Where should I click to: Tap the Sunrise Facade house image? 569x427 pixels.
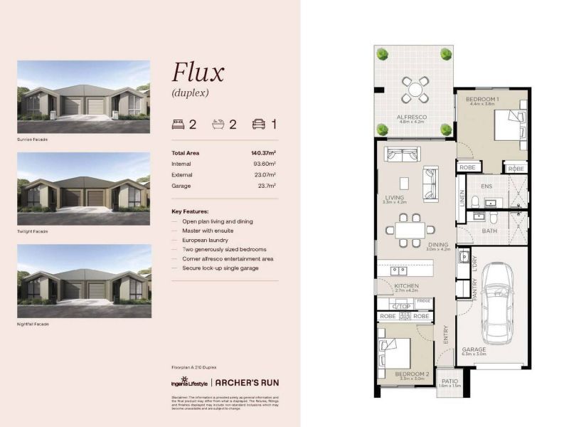point(84,97)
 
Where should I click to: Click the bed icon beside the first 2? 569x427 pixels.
point(178,125)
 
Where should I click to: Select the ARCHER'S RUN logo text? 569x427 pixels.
point(244,383)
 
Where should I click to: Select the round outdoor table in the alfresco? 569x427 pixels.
point(413,90)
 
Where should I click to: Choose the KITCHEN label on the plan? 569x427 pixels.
point(406,285)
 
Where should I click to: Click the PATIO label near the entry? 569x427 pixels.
point(449,381)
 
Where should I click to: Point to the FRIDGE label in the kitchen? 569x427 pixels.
point(424,302)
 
